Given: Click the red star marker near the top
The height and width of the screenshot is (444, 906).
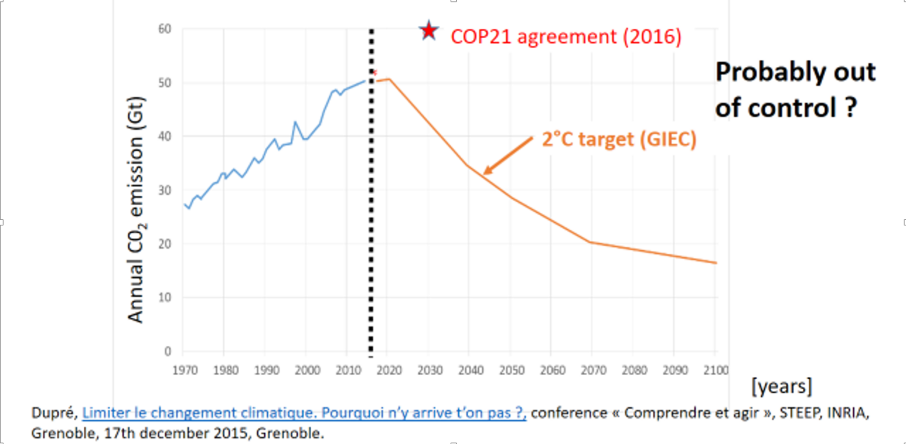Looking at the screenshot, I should coord(429,31).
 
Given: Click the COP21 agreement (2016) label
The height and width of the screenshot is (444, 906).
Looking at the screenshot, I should coord(566,37).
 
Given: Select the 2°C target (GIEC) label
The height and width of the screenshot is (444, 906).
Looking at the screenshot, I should coord(619,139).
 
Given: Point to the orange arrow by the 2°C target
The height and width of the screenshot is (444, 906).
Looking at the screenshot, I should coord(508,156).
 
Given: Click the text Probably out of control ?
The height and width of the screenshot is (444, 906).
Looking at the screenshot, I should coord(795,90).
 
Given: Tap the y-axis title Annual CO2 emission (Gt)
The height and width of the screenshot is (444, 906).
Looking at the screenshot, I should coord(136,210).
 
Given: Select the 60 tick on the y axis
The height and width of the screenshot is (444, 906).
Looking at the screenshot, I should coord(165,29).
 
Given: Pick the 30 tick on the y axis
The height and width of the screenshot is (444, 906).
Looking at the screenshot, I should coord(165,190).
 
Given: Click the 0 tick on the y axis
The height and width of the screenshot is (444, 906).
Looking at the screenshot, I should coord(168,351).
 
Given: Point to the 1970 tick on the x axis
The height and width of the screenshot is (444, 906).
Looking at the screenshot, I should coord(185,370).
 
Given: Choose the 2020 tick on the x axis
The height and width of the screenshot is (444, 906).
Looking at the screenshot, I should coord(389,370).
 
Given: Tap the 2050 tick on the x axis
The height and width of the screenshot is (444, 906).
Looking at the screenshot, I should coord(511,370).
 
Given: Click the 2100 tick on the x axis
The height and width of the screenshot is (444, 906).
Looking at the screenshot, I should coord(716,370).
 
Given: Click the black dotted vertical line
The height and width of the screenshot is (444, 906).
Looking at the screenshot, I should coord(371,206).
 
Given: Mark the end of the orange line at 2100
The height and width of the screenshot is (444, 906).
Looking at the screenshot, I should coord(716,263).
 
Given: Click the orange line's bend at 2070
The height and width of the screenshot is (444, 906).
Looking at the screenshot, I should coord(591,242).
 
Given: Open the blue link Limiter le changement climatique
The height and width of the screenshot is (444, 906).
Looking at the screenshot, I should coord(304,413).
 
